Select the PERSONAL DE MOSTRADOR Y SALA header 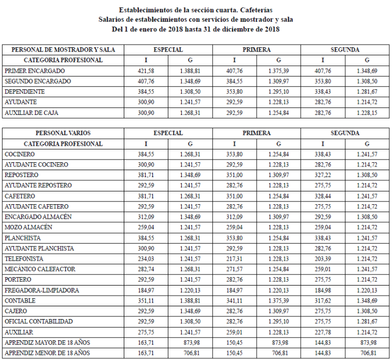(63, 50)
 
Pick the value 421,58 (146, 71)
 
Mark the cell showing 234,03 (146, 258)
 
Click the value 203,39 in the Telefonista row (322, 258)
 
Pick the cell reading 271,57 (234, 269)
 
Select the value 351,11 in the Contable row (146, 300)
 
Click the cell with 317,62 (322, 300)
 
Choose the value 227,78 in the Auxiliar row (322, 332)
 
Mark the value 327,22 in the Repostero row (322, 175)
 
